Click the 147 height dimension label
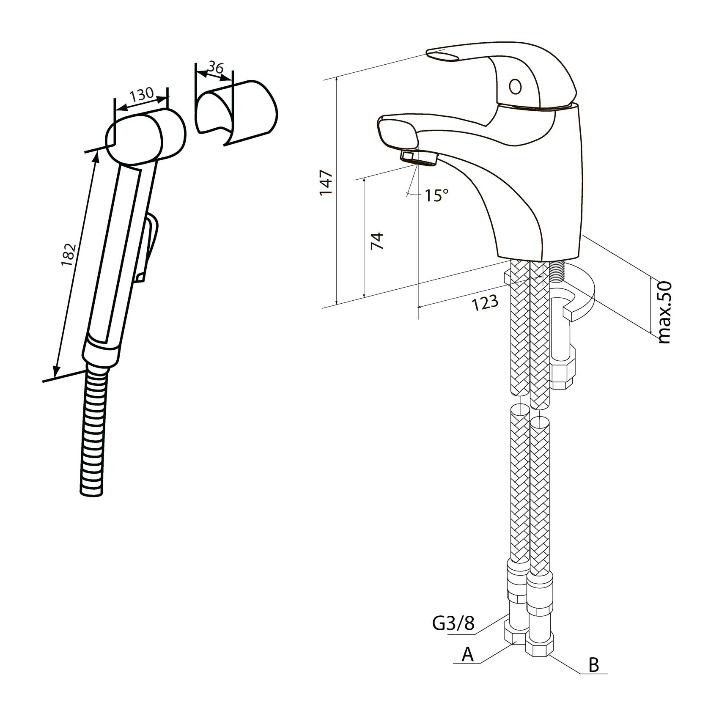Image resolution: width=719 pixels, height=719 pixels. point(327,182)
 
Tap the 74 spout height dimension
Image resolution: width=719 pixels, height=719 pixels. point(377,241)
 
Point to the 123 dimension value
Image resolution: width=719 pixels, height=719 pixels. point(485,302)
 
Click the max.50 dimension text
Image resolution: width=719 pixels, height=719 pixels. point(664,312)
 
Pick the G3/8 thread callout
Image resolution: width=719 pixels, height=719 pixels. point(453,623)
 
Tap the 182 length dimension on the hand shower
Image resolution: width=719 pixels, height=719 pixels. point(69,255)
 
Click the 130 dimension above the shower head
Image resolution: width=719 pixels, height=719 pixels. point(141,94)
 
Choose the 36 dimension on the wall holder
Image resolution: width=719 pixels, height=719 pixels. point(216,67)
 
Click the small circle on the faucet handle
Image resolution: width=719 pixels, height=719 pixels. point(515,87)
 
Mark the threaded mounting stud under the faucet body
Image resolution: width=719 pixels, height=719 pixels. point(557,275)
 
